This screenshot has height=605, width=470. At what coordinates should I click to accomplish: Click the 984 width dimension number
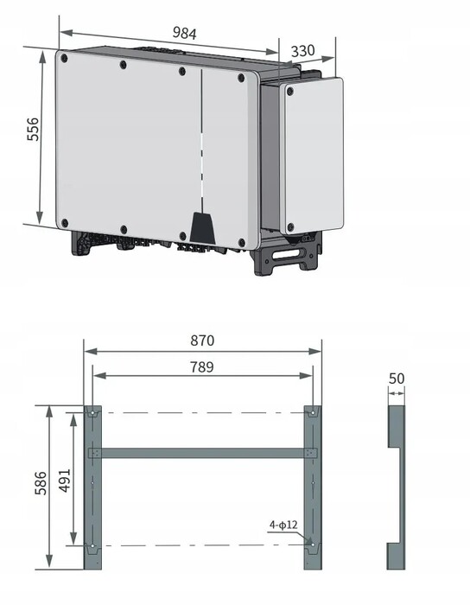pos(184,33)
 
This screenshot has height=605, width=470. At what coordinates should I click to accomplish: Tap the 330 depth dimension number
pos(302,50)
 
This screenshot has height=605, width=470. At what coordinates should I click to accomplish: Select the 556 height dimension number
pos(33,130)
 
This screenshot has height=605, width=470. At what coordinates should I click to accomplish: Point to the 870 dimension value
pos(202,341)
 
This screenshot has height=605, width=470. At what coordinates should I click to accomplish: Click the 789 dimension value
pos(202,367)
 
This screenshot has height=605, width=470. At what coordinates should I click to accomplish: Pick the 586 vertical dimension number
pos(41,482)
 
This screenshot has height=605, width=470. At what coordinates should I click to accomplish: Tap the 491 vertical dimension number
pos(65,481)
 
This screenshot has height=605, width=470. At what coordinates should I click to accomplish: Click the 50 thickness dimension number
pos(397,379)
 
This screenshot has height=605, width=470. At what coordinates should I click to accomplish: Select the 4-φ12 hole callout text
pos(283,525)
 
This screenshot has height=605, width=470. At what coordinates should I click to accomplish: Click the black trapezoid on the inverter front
pos(202,228)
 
